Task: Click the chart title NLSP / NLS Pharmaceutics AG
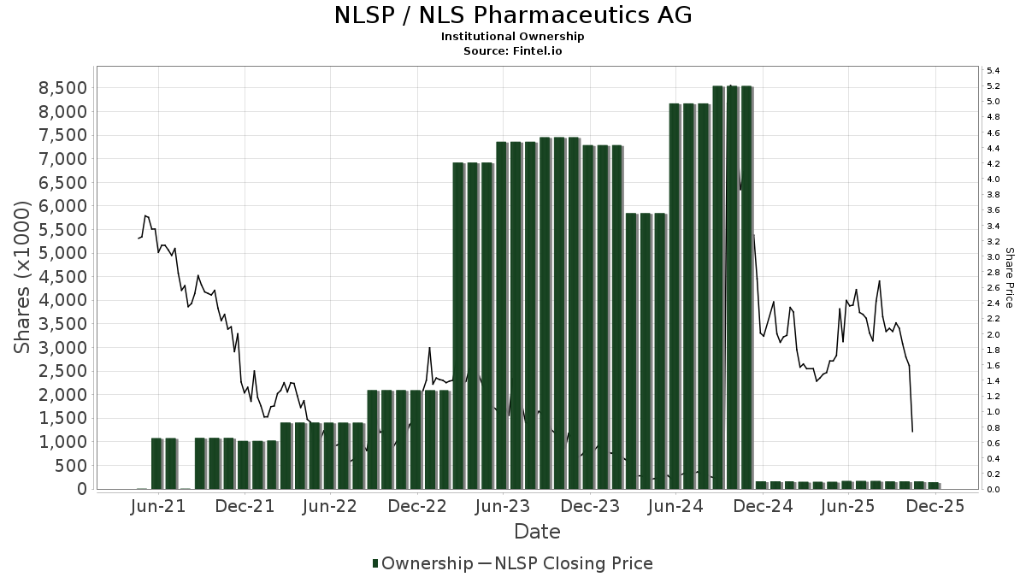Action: [512, 15]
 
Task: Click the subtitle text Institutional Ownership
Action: [512, 37]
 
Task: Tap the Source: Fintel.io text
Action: [512, 50]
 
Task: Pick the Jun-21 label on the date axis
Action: [158, 506]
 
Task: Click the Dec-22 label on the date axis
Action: [417, 506]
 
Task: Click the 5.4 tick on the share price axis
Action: [994, 70]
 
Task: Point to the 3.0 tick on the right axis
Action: [994, 256]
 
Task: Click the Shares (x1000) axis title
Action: [23, 278]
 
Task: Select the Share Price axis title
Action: [1009, 278]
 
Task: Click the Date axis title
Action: [537, 532]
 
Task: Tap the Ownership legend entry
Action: [423, 563]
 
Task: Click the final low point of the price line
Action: [912, 431]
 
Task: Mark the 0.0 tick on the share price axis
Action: [994, 490]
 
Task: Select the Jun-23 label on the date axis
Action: [504, 506]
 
